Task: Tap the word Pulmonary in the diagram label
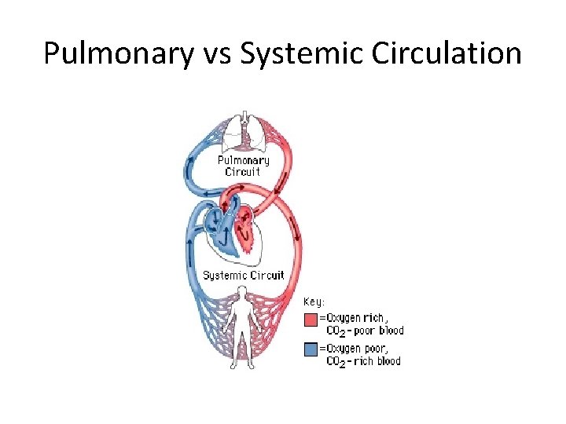pyautogui.click(x=243, y=161)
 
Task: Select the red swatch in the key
pyautogui.click(x=311, y=320)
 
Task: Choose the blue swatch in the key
pyautogui.click(x=311, y=349)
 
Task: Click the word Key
pyautogui.click(x=315, y=302)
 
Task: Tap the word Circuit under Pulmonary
pyautogui.click(x=243, y=172)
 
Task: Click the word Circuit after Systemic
pyautogui.click(x=267, y=275)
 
